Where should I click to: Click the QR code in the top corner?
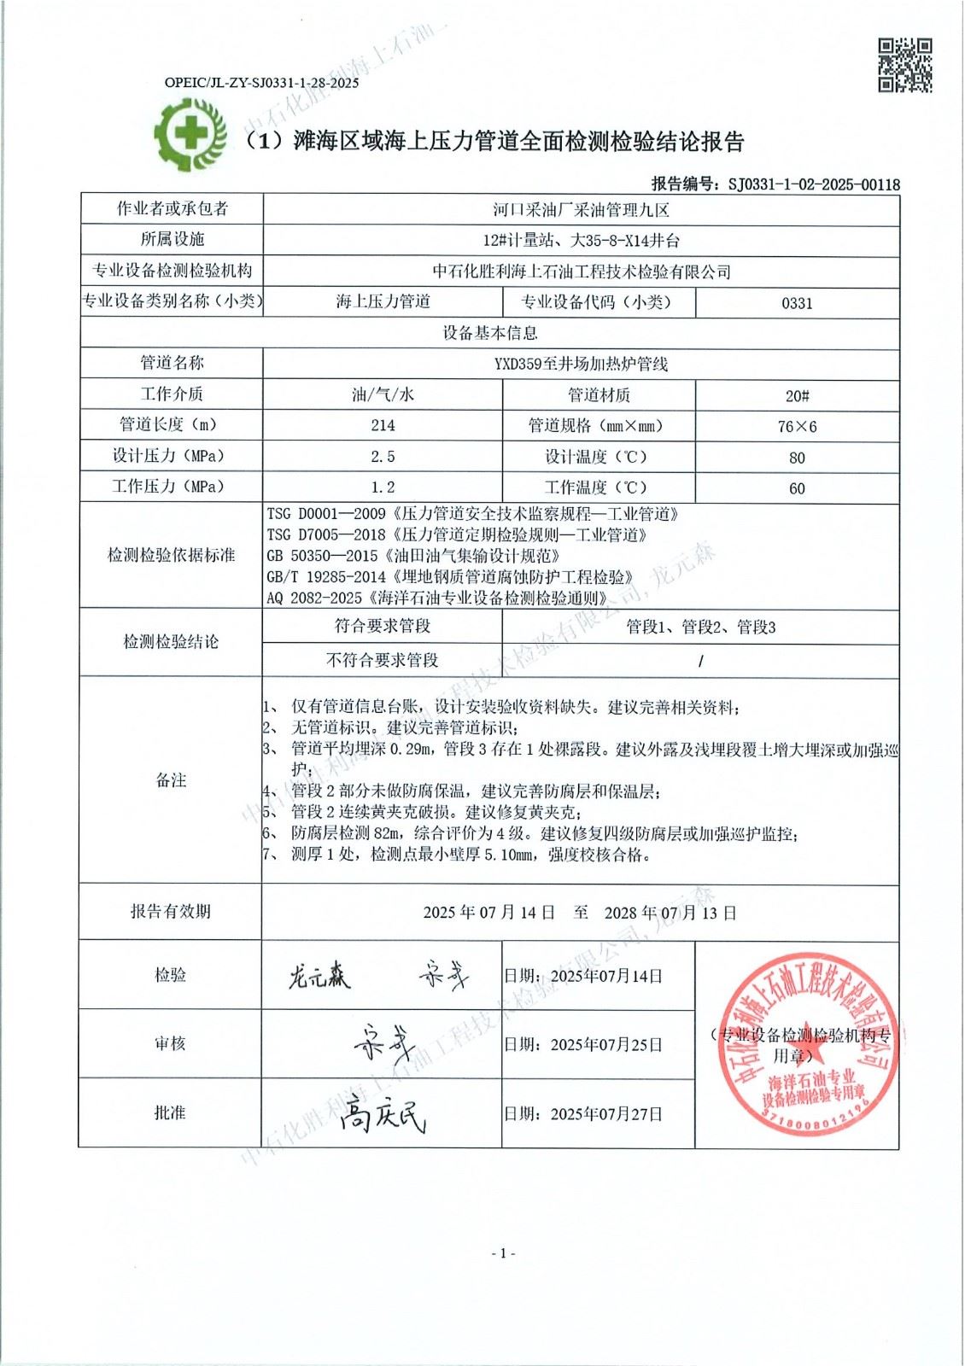tap(905, 65)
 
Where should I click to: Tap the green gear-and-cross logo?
tap(189, 134)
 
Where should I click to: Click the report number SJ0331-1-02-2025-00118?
tap(813, 184)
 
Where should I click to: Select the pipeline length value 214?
tap(383, 425)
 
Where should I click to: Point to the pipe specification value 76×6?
tap(797, 426)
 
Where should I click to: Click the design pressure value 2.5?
tap(383, 457)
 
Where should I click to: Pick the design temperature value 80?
tap(797, 458)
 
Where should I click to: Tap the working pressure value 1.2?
tap(383, 487)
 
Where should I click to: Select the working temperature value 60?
tap(797, 488)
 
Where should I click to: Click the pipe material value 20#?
tap(797, 395)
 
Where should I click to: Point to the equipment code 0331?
tap(797, 303)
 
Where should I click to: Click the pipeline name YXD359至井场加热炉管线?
tap(581, 364)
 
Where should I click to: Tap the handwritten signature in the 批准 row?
tap(382, 1113)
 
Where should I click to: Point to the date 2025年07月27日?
tap(606, 1114)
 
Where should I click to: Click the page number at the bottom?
tap(503, 1253)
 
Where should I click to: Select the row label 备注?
tap(171, 780)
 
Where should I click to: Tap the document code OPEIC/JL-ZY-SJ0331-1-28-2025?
tap(261, 83)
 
